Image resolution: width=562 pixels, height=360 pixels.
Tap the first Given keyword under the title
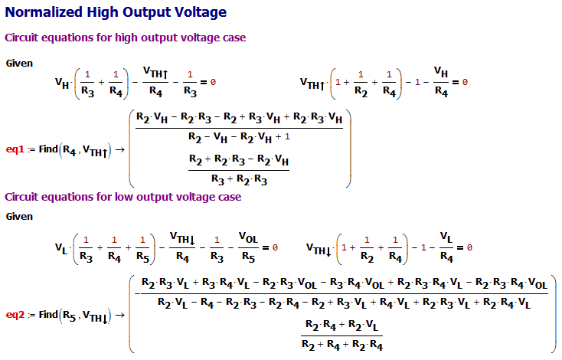pyautogui.click(x=18, y=62)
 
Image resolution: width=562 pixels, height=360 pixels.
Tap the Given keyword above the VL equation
pyautogui.click(x=18, y=217)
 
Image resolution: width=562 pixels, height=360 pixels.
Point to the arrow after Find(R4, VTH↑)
pyautogui.click(x=119, y=149)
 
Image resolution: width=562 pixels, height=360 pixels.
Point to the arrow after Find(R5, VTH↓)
pyautogui.click(x=119, y=314)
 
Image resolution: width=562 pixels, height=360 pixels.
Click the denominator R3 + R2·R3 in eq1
pyautogui.click(x=238, y=177)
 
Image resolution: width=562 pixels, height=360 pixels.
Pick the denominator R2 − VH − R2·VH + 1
pyautogui.click(x=238, y=137)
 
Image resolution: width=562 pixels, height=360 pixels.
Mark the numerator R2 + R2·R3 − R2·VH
pyautogui.click(x=238, y=160)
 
